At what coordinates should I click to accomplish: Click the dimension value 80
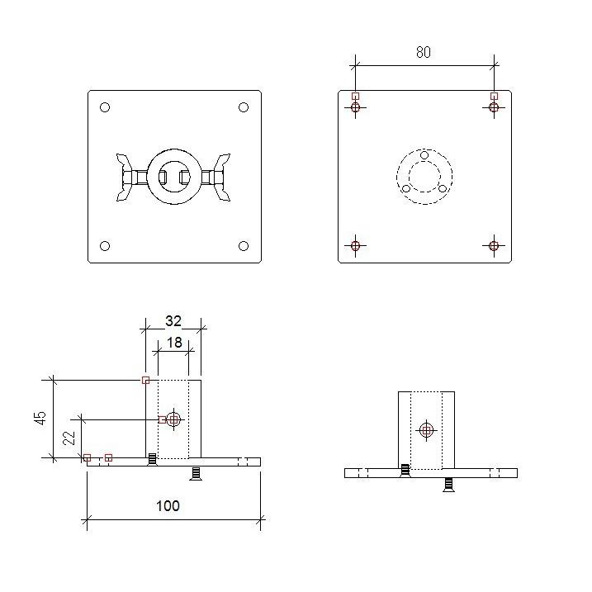tap(423, 52)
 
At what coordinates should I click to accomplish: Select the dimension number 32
tap(173, 321)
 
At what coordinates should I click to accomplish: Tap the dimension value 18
tap(174, 341)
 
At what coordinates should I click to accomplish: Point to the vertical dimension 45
tap(40, 419)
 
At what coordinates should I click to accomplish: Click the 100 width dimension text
tap(168, 505)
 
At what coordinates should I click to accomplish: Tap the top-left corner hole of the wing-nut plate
tap(105, 107)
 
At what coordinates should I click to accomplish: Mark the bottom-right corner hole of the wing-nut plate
tap(244, 246)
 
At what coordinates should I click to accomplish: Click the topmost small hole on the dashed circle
tap(424, 155)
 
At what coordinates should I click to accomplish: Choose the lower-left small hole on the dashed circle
tap(406, 188)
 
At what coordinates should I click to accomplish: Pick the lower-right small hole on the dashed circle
tap(443, 188)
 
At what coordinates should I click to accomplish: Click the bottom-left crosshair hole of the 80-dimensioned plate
tap(355, 245)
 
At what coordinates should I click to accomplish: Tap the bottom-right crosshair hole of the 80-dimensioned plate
tap(494, 245)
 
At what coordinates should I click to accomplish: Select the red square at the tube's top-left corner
tap(145, 380)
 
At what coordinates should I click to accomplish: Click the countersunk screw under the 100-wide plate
tap(196, 472)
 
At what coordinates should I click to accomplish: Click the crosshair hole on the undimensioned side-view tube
tap(426, 430)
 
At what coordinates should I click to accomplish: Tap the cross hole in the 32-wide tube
tap(173, 419)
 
